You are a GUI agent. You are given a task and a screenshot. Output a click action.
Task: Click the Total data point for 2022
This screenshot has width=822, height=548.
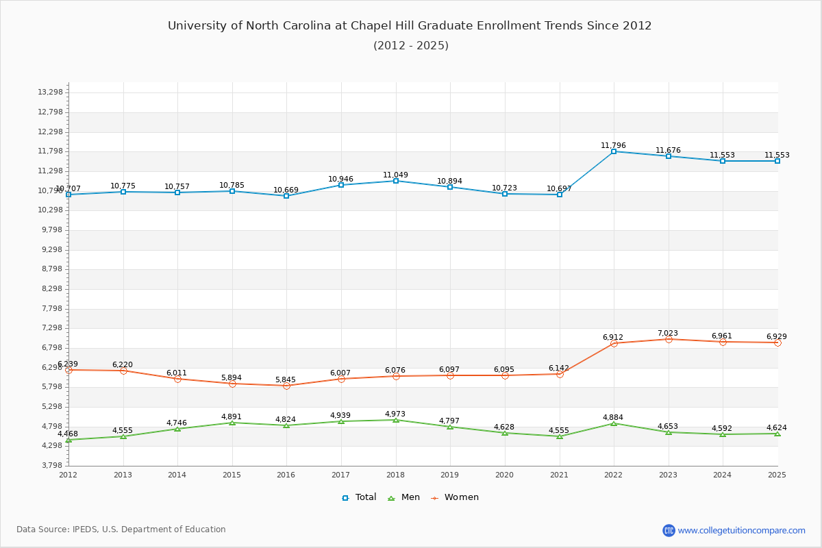tap(614, 151)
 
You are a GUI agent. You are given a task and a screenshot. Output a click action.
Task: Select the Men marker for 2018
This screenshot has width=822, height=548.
tap(396, 420)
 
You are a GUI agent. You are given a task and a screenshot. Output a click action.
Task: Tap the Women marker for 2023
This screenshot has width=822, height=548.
tap(669, 339)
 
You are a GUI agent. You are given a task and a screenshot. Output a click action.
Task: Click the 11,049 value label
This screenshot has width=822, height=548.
tap(396, 175)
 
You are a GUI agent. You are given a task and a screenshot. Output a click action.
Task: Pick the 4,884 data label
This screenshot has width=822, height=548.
tap(614, 418)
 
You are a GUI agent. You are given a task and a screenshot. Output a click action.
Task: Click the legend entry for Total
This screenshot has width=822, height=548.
tap(360, 497)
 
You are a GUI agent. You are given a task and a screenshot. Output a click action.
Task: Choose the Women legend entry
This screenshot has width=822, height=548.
tap(455, 497)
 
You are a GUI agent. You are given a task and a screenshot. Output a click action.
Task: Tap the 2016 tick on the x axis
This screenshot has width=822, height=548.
tap(286, 475)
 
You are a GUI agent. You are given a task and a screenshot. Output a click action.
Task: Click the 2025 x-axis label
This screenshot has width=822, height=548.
tap(777, 475)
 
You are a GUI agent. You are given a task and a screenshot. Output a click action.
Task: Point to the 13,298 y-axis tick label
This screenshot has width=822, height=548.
tap(51, 92)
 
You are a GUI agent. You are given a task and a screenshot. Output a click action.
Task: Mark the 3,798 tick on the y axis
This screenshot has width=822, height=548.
tap(51, 466)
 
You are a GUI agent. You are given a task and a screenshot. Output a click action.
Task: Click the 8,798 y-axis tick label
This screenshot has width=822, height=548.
tap(51, 269)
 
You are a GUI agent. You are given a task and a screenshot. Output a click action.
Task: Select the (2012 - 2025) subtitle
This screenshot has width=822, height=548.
tap(411, 46)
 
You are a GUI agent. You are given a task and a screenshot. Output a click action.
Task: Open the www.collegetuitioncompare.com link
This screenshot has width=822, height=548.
tap(742, 530)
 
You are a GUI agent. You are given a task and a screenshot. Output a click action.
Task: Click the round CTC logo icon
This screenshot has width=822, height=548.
tap(669, 530)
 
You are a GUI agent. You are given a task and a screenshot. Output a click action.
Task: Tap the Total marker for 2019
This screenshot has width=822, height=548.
tap(450, 187)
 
